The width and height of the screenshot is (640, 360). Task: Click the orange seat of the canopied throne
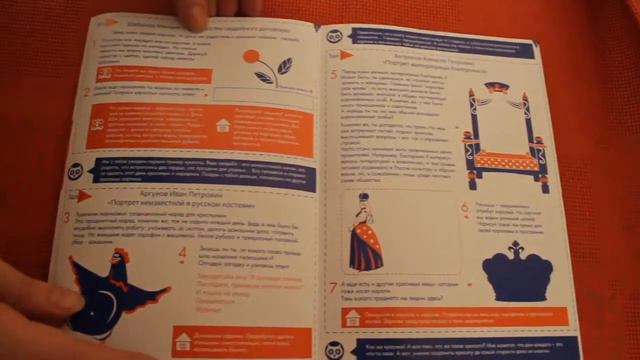[x=503, y=159]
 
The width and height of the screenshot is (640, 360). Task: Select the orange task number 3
[x=67, y=217]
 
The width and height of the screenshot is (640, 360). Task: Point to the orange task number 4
[x=183, y=250]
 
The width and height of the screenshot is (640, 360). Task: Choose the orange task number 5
[x=333, y=74]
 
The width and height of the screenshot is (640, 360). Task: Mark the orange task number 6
[x=464, y=208]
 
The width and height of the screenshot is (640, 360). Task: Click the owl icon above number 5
[x=334, y=37]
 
